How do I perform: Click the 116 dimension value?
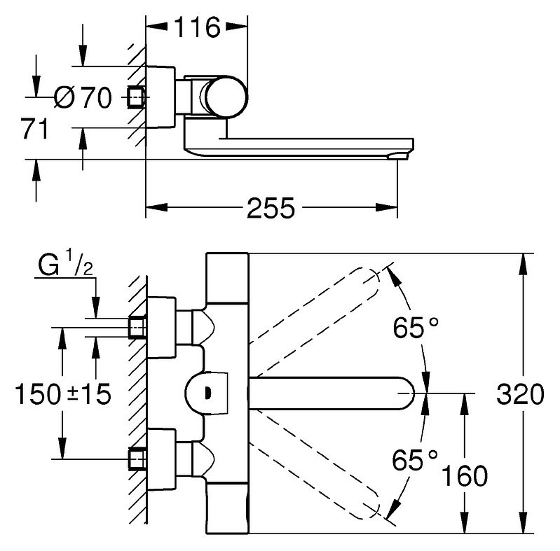(x=197, y=27)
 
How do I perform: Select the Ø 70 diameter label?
(x=83, y=97)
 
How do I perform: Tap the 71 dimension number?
(x=34, y=129)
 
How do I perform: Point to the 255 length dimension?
(x=271, y=208)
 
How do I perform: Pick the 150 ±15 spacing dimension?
(x=63, y=394)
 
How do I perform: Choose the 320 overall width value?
(x=520, y=394)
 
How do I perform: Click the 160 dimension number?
(x=464, y=475)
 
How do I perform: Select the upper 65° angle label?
(x=416, y=328)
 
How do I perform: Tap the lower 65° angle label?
(x=415, y=460)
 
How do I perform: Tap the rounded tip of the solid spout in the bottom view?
(x=408, y=393)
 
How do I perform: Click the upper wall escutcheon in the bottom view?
(x=161, y=327)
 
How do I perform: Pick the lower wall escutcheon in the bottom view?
(x=161, y=459)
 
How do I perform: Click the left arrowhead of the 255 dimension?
(x=156, y=208)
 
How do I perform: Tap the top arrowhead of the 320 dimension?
(x=524, y=264)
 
